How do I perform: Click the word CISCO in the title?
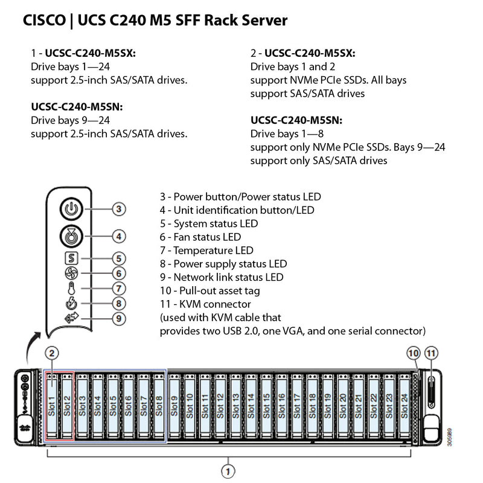[x=44, y=21]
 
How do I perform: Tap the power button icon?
[x=71, y=210]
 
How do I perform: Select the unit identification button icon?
[x=71, y=237]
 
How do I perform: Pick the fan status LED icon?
[x=71, y=273]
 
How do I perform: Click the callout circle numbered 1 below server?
[x=228, y=470]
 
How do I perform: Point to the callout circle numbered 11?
[x=430, y=353]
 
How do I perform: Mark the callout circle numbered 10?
[x=414, y=353]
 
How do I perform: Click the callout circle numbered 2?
[x=53, y=353]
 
